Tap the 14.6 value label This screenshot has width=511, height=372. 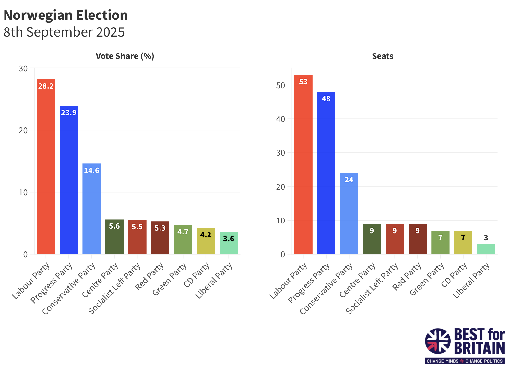pyautogui.click(x=91, y=170)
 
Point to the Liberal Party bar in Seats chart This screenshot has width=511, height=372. pyautogui.click(x=486, y=249)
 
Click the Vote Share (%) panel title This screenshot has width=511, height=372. pyautogui.click(x=125, y=56)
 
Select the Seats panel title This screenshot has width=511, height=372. pyautogui.click(x=383, y=56)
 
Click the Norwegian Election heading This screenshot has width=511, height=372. pyautogui.click(x=65, y=15)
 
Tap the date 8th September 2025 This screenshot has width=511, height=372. pyautogui.click(x=64, y=32)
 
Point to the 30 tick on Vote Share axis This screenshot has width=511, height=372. pyautogui.click(x=23, y=68)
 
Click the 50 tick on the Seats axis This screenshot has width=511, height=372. pyautogui.click(x=280, y=85)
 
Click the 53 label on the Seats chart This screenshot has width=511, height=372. pyautogui.click(x=303, y=82)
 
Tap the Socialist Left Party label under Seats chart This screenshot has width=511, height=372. pyautogui.click(x=372, y=288)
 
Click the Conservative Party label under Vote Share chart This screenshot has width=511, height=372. pyautogui.click(x=69, y=288)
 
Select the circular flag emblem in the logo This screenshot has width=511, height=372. pyautogui.click(x=438, y=341)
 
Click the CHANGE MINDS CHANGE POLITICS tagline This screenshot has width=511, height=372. pyautogui.click(x=465, y=361)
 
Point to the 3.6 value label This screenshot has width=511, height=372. pyautogui.click(x=229, y=239)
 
